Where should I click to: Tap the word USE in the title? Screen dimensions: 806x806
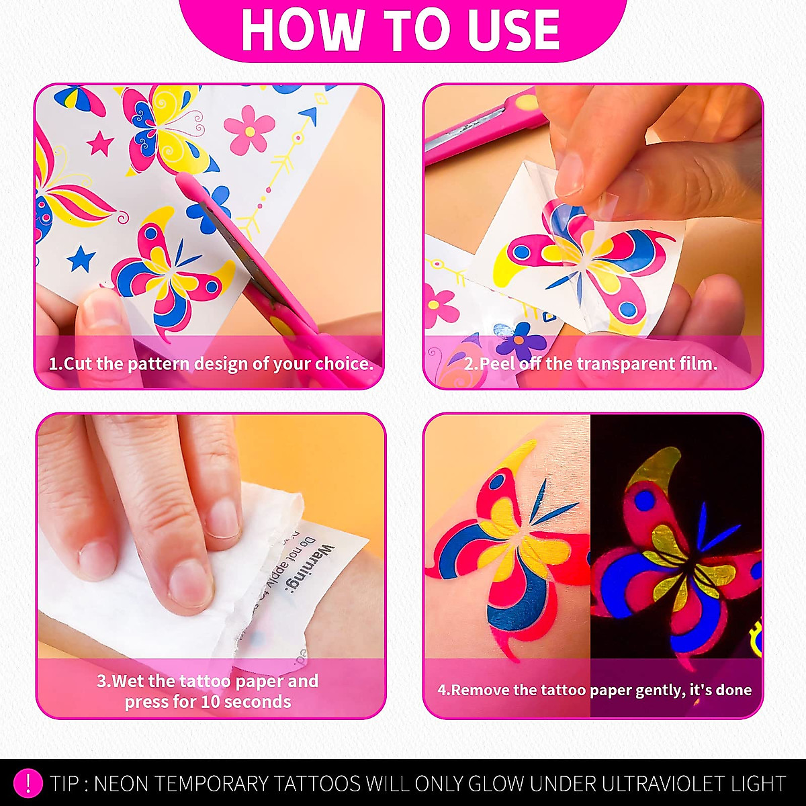click(x=514, y=30)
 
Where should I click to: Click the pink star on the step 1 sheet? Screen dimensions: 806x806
click(x=100, y=142)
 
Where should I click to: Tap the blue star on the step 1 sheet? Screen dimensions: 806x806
click(x=81, y=259)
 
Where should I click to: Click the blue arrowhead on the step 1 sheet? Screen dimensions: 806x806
click(x=308, y=116)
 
